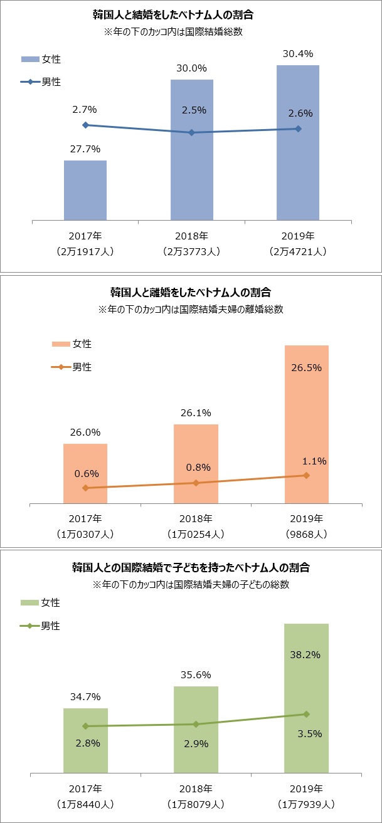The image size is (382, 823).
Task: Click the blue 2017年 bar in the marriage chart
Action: [85, 191]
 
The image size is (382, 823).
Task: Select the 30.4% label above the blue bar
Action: [298, 54]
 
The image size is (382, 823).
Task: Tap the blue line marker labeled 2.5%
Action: [192, 132]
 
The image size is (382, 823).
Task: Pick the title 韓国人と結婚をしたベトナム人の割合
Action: [191, 15]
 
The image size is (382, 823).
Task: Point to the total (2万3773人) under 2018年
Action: [191, 252]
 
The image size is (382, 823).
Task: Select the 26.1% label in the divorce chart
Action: [196, 413]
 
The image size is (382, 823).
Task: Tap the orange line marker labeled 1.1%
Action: [306, 475]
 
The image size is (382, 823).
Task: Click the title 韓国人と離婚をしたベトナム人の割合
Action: [191, 292]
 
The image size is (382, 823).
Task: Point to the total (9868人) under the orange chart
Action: [306, 535]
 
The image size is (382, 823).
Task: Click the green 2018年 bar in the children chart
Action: [196, 730]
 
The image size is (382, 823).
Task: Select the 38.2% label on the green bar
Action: [306, 654]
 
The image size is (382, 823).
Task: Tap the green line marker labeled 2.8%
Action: [85, 726]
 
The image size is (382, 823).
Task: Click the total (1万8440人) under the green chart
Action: [85, 804]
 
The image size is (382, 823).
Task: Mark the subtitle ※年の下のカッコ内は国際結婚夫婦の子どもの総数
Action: [191, 584]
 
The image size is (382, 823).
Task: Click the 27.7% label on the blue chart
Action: [85, 149]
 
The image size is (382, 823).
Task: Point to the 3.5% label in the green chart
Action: [306, 734]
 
